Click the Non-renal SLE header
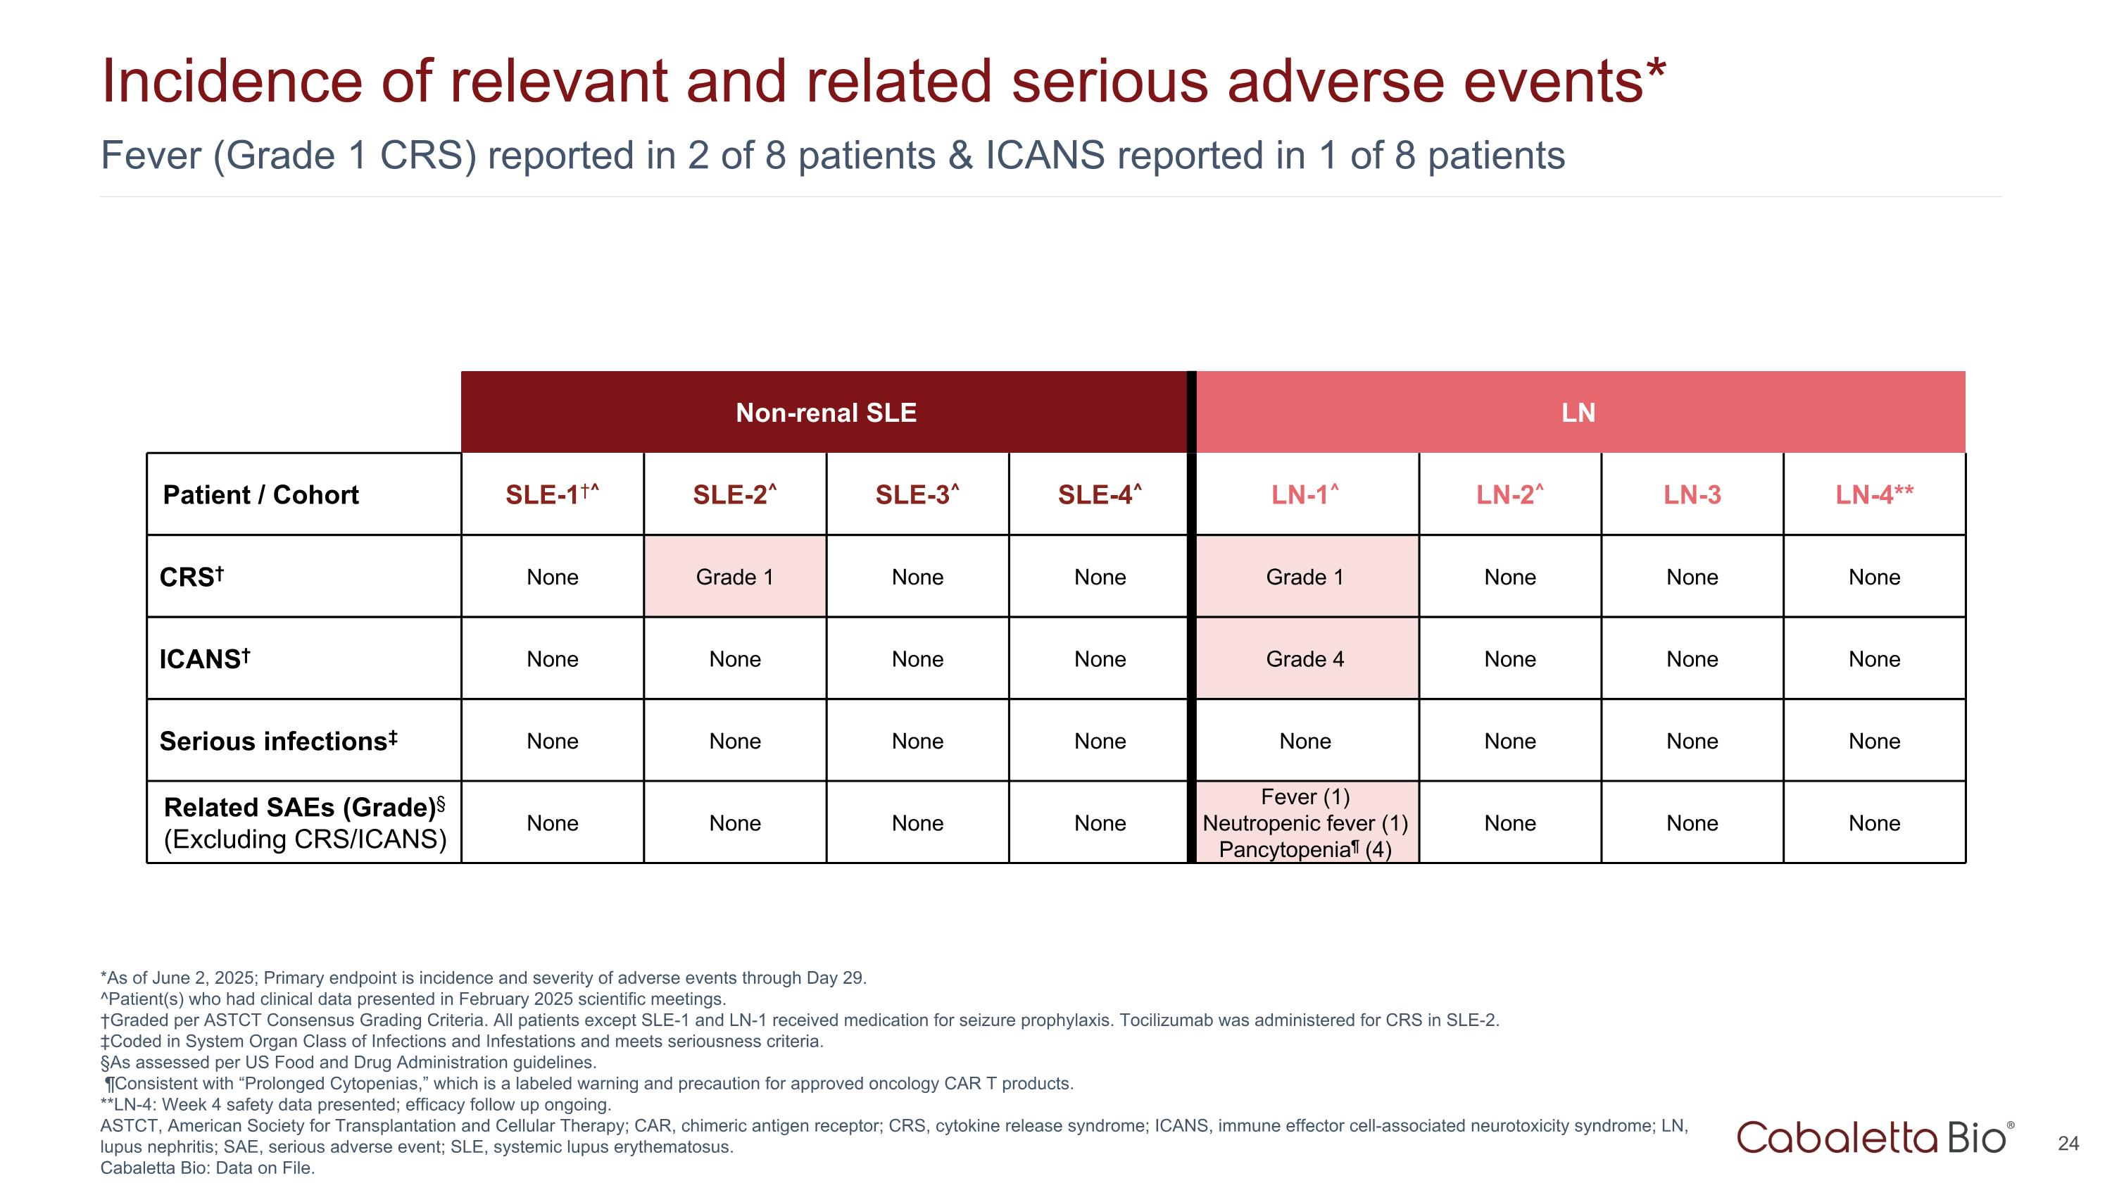[825, 413]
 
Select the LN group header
[1578, 413]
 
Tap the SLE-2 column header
[734, 494]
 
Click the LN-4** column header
[1873, 494]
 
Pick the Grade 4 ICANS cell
[1305, 659]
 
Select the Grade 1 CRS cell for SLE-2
[734, 577]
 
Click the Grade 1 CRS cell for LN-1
[1305, 577]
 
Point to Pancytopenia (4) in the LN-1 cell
[1305, 849]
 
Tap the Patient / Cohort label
[260, 495]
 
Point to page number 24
[2068, 1144]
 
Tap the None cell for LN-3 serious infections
[1692, 741]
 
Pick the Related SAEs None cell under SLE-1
[552, 823]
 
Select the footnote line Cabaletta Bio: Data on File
[208, 1168]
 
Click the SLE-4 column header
[1099, 494]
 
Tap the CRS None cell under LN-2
[1509, 577]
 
